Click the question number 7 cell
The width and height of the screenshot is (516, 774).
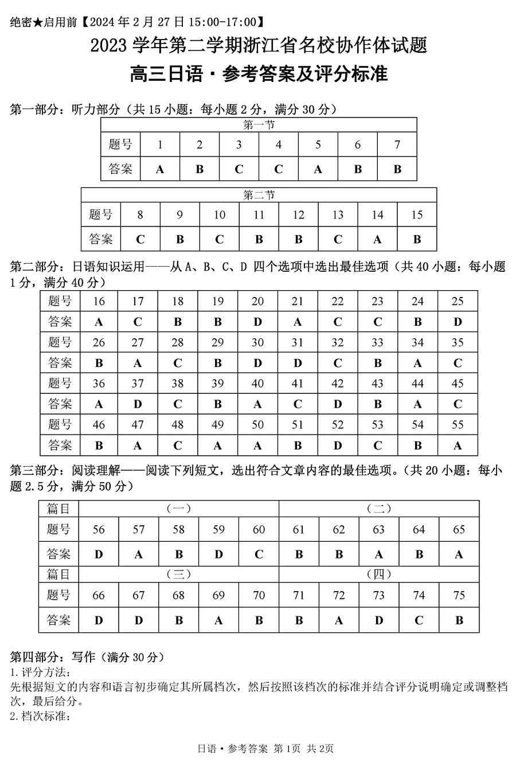coord(397,144)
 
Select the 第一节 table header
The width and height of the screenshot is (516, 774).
coord(259,124)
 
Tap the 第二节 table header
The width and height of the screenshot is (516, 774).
coord(259,195)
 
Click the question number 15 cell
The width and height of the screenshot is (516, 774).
coord(417,215)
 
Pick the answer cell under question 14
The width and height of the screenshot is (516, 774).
coord(377,239)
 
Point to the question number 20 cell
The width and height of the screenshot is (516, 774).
coord(257,301)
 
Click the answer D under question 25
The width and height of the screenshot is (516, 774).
coord(458,322)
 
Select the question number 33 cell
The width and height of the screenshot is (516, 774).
coord(377,342)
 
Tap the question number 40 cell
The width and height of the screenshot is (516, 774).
coord(257,384)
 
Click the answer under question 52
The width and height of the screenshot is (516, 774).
coord(338,445)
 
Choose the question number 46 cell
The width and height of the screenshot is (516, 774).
coord(99,425)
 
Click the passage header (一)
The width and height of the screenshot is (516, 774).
coord(178,508)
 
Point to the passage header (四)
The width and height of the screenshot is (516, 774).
coord(378,574)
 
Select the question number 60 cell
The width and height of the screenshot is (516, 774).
coord(259,529)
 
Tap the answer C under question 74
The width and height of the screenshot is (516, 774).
coord(419,620)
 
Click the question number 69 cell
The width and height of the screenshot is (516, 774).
coord(218,595)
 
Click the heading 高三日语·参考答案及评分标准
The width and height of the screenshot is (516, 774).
coord(259,74)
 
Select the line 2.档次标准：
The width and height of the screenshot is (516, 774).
coord(40,716)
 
